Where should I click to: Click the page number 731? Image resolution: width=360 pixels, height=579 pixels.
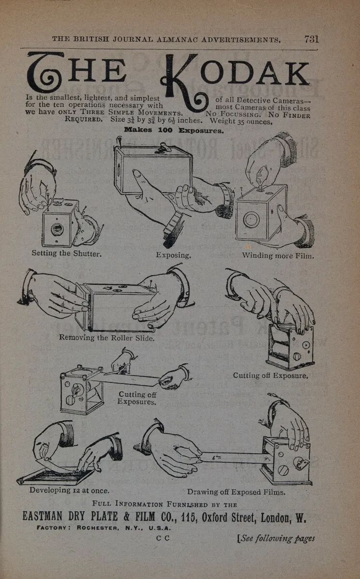311,40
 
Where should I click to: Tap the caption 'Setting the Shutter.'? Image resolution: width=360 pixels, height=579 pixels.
67,253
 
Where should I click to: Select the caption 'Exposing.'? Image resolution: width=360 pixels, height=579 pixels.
173,255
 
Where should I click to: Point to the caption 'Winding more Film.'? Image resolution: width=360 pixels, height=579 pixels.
278,255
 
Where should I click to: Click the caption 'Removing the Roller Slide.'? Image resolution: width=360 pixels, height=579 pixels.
107,338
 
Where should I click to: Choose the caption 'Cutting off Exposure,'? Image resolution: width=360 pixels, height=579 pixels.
270,375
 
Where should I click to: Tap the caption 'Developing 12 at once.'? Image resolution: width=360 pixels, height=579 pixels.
69,490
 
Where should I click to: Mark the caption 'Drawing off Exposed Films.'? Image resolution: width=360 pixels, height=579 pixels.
236,492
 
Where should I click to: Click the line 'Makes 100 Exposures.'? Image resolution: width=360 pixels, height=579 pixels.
174,130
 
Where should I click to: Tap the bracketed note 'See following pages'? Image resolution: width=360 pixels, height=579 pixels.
276,538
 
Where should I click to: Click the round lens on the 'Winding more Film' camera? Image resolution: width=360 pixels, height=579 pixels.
251,220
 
